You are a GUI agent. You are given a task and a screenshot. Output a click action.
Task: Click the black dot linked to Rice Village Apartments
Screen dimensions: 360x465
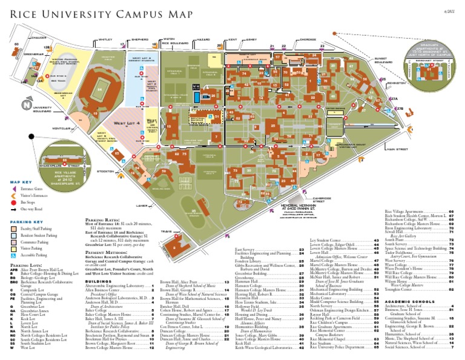coord(31,137)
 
